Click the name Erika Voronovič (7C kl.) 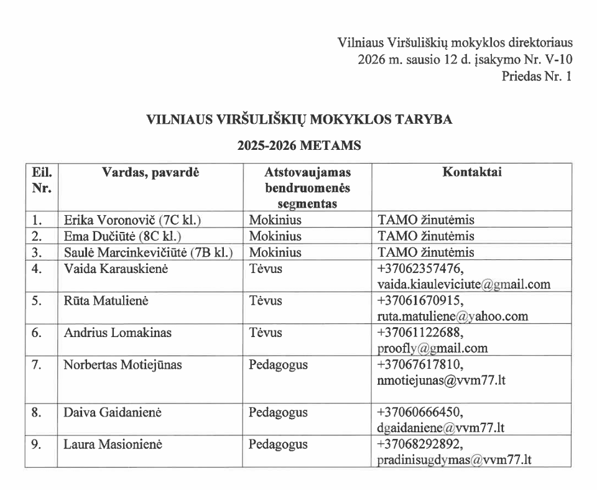[x=133, y=220]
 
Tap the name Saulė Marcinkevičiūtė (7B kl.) [x=149, y=252]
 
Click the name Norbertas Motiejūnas [x=123, y=365]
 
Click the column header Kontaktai [x=472, y=172]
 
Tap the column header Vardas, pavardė [x=150, y=172]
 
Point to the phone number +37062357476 [x=420, y=269]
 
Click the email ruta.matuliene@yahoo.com [x=453, y=316]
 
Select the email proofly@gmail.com [x=432, y=348]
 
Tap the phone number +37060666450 [x=420, y=412]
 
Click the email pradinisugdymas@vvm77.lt [x=455, y=460]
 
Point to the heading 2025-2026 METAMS [x=299, y=147]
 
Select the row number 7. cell [x=37, y=365]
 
